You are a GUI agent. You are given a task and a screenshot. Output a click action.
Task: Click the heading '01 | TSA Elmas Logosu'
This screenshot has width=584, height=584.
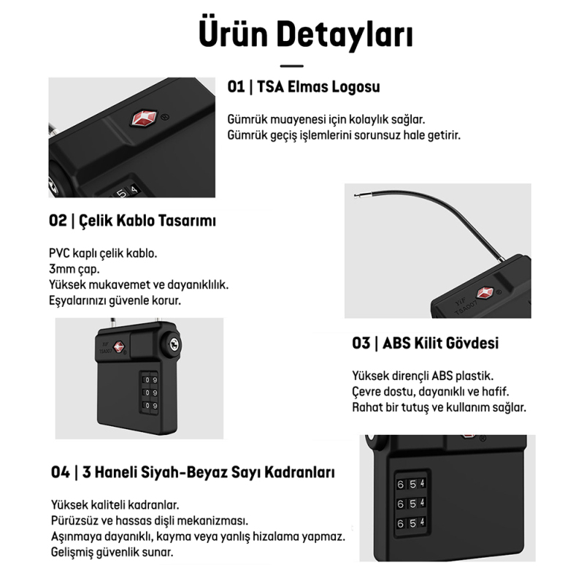pyautogui.click(x=304, y=87)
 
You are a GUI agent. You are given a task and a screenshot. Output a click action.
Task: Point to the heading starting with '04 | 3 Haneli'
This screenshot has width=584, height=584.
pyautogui.click(x=193, y=472)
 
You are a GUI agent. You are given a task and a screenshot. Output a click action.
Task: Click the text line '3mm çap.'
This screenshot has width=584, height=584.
pyautogui.click(x=76, y=269)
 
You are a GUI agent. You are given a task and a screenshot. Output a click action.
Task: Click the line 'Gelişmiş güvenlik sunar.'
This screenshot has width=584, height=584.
pyautogui.click(x=112, y=552)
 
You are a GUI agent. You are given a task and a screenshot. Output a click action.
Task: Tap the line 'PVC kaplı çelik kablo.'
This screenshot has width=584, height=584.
pyautogui.click(x=103, y=254)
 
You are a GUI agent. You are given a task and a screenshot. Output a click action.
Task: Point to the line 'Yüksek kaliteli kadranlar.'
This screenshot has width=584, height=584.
pyautogui.click(x=115, y=505)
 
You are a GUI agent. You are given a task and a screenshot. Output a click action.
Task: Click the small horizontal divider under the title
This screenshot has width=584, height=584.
pyautogui.click(x=291, y=66)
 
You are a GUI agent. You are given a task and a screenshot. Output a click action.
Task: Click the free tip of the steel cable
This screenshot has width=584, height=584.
pyautogui.click(x=356, y=196)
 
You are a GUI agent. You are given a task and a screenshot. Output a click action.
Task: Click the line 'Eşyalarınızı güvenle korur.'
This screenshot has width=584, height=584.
pyautogui.click(x=115, y=300)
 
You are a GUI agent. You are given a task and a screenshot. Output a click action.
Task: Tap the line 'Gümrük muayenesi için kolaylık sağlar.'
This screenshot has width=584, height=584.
pyautogui.click(x=326, y=119)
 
